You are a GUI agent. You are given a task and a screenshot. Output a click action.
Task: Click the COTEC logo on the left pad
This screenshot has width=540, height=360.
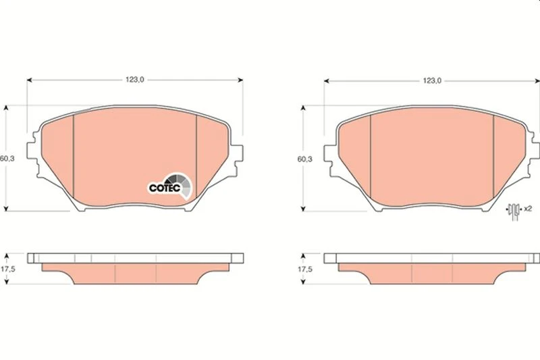point(169,186)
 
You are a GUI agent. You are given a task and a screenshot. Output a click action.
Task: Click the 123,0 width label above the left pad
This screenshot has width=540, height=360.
point(134,80)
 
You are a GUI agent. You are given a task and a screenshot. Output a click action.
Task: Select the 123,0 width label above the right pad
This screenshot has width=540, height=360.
point(432,81)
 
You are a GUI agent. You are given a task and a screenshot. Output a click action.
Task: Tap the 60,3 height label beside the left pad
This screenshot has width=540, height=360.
point(7,159)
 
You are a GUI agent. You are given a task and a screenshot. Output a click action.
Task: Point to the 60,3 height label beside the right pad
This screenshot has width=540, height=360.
point(305,159)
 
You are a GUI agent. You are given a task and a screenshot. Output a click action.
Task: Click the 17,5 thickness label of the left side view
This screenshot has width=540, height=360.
point(7,269)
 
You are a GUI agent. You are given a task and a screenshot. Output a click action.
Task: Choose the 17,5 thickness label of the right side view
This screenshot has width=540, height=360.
point(305,269)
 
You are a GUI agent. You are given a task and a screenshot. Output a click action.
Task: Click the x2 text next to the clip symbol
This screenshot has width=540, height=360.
point(528,209)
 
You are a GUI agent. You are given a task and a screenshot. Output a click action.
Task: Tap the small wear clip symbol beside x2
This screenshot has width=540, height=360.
point(514,211)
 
